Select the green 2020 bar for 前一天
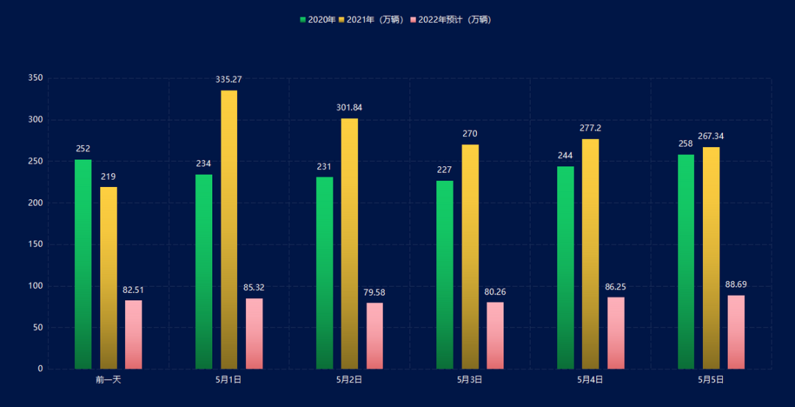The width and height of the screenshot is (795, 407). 83,264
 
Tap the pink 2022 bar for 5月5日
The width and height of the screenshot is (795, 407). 736,332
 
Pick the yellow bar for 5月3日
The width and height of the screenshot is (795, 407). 470,257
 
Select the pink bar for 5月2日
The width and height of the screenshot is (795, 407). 375,336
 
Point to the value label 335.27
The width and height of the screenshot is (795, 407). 228,79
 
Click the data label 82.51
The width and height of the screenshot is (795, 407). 133,290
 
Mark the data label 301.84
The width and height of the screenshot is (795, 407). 350,107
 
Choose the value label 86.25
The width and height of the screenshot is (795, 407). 615,287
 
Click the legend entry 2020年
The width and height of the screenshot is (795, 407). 317,20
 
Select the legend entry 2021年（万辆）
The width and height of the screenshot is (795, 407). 371,20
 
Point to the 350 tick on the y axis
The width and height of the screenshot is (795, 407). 35,78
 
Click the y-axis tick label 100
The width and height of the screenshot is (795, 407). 35,286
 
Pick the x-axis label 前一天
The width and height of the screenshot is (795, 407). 108,380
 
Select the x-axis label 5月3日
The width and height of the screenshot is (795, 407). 470,380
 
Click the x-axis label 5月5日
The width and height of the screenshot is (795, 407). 711,380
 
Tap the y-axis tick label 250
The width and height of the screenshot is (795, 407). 35,161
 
